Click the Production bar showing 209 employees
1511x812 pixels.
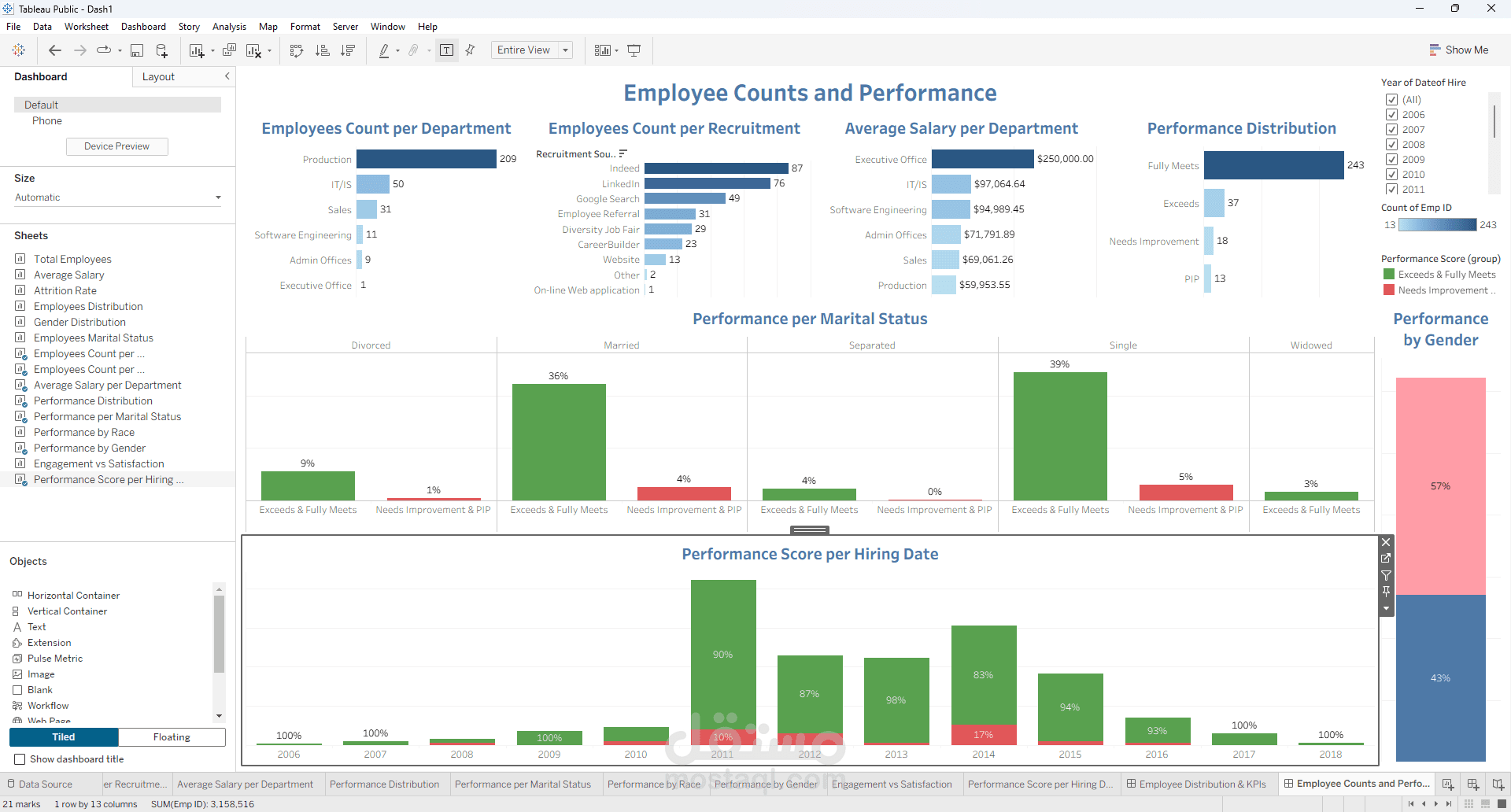[x=426, y=159]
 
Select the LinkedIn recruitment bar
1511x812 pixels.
[x=707, y=183]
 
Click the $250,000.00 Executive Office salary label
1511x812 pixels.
[x=1065, y=159]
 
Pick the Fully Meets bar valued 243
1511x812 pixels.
[x=1273, y=165]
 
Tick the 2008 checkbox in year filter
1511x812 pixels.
[x=1391, y=145]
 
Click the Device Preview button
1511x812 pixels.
[x=116, y=146]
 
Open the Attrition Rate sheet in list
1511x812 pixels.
[x=65, y=290]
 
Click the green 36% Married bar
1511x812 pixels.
[x=559, y=441]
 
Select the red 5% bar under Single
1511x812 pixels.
[x=1185, y=493]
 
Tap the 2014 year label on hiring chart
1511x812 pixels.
[x=983, y=755]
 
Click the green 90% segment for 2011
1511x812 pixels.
[x=722, y=653]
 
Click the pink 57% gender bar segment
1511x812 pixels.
[x=1440, y=486]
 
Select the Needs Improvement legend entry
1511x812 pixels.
[x=1442, y=290]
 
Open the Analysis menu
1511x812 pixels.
[x=229, y=27]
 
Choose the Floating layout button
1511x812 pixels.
[x=172, y=737]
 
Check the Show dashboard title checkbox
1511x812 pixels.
[x=20, y=759]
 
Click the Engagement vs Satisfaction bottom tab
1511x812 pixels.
[x=891, y=784]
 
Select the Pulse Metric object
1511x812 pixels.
[x=54, y=659]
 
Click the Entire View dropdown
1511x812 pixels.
[x=531, y=50]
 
